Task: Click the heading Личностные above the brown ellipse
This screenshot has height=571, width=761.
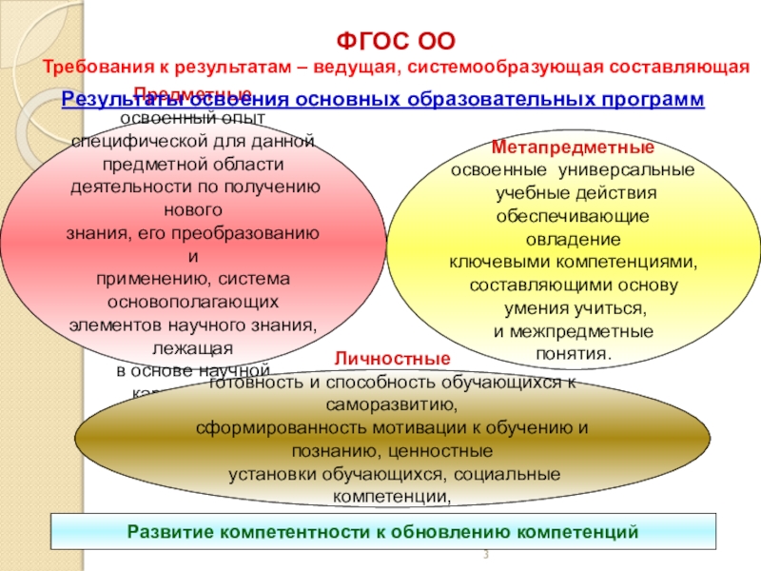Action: (x=392, y=359)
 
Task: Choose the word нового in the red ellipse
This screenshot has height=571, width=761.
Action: (x=194, y=208)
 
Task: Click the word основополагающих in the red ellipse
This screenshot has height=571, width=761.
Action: (x=194, y=301)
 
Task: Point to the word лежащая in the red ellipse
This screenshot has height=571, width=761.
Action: (x=193, y=347)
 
